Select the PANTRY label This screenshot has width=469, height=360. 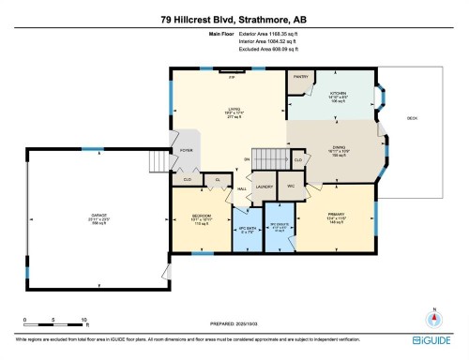[x=301, y=77]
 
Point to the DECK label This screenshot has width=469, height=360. [x=412, y=117]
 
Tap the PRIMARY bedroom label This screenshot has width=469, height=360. [x=337, y=215]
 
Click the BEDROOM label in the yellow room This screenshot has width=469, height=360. [x=202, y=215]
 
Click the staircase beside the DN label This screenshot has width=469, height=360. [x=271, y=157]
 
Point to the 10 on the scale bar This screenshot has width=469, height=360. [x=85, y=320]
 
